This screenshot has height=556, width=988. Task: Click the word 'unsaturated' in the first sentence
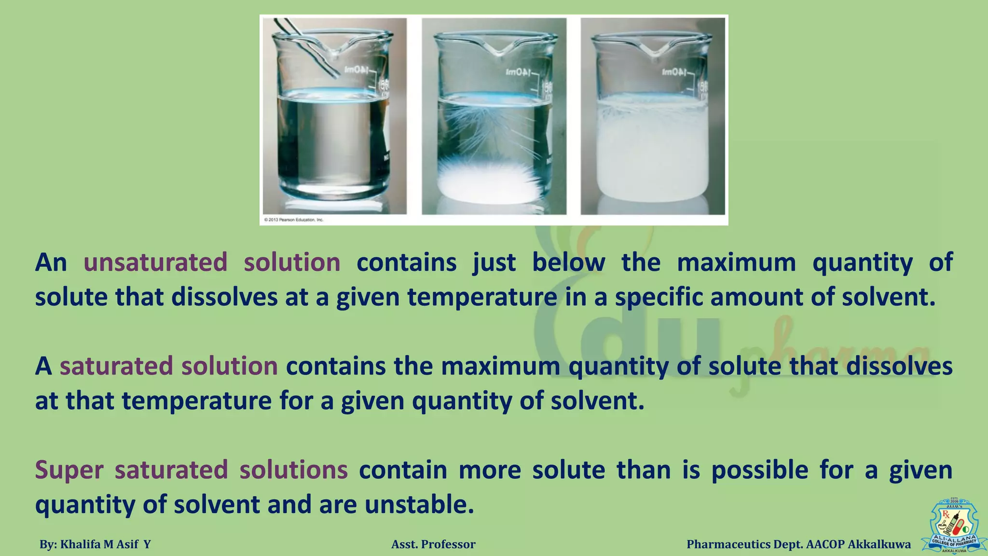tap(155, 263)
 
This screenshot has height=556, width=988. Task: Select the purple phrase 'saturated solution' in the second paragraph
tap(168, 366)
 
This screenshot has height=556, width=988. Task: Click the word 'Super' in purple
tap(69, 470)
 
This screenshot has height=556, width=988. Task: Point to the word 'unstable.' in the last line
tap(419, 505)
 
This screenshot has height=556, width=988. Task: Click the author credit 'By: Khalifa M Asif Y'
tap(95, 544)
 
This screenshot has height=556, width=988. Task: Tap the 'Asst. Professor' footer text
tap(433, 544)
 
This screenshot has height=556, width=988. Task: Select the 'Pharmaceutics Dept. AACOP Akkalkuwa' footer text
tap(798, 544)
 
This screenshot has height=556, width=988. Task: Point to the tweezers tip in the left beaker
tap(335, 75)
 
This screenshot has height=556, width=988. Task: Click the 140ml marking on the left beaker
tap(357, 70)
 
